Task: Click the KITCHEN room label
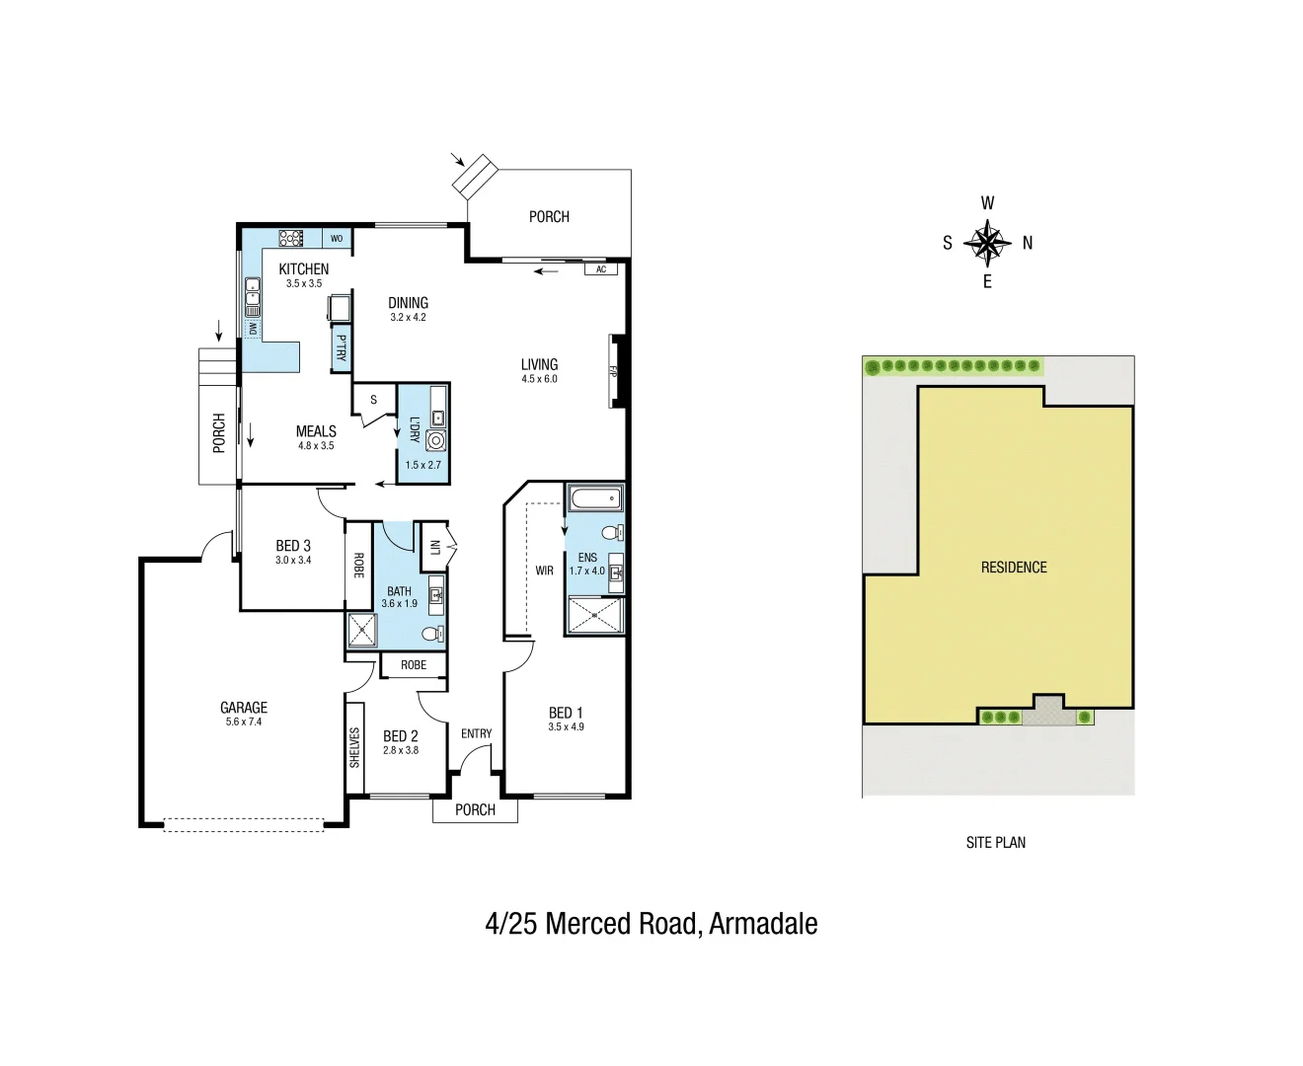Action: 303,268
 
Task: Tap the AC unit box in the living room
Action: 600,269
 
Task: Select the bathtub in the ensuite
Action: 594,499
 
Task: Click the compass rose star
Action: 987,242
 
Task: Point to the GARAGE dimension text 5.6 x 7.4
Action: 244,723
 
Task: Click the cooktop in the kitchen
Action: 290,238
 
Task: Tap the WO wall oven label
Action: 337,239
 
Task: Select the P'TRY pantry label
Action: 342,348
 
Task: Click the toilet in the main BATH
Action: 432,633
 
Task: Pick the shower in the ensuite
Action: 595,615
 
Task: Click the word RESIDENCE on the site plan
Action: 1014,568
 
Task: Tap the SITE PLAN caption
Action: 995,842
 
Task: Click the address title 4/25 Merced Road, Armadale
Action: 651,924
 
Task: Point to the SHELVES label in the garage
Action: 354,747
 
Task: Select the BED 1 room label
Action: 566,713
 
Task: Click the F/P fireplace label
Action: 613,371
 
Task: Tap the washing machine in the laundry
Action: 435,441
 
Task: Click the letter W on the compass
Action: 987,203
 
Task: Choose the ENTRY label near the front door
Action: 476,733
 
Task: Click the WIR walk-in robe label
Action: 544,571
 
